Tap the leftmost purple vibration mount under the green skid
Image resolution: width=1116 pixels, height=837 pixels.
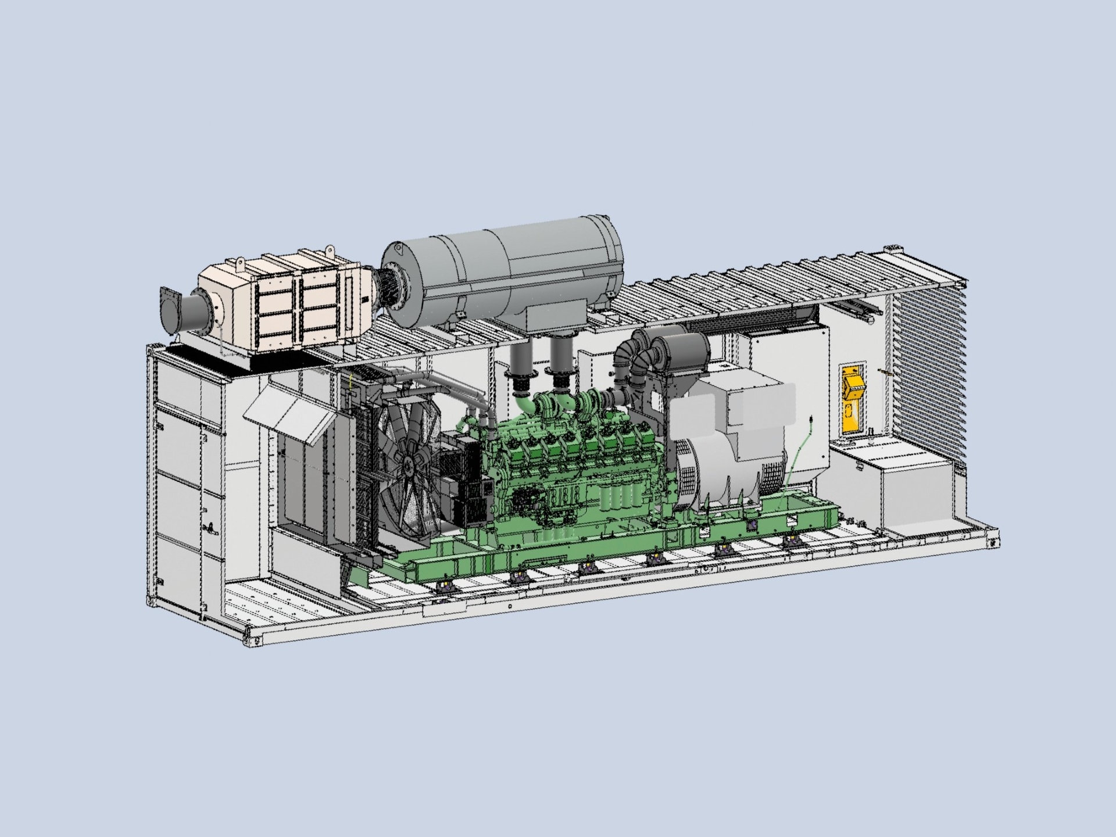tap(446, 584)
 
